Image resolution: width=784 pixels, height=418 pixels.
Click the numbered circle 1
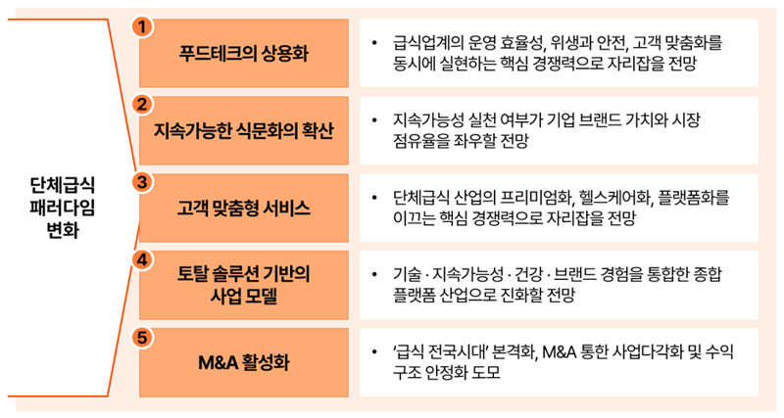(143, 26)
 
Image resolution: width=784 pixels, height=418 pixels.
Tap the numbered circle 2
(143, 104)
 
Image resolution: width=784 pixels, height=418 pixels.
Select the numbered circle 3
(143, 181)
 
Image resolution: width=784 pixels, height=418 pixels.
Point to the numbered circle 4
(143, 259)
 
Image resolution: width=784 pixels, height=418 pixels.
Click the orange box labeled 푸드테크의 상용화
(244, 53)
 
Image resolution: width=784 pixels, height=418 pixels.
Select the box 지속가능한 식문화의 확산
(244, 130)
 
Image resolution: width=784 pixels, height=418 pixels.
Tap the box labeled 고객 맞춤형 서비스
(244, 208)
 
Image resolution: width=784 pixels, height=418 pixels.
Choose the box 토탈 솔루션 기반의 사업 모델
(244, 284)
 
